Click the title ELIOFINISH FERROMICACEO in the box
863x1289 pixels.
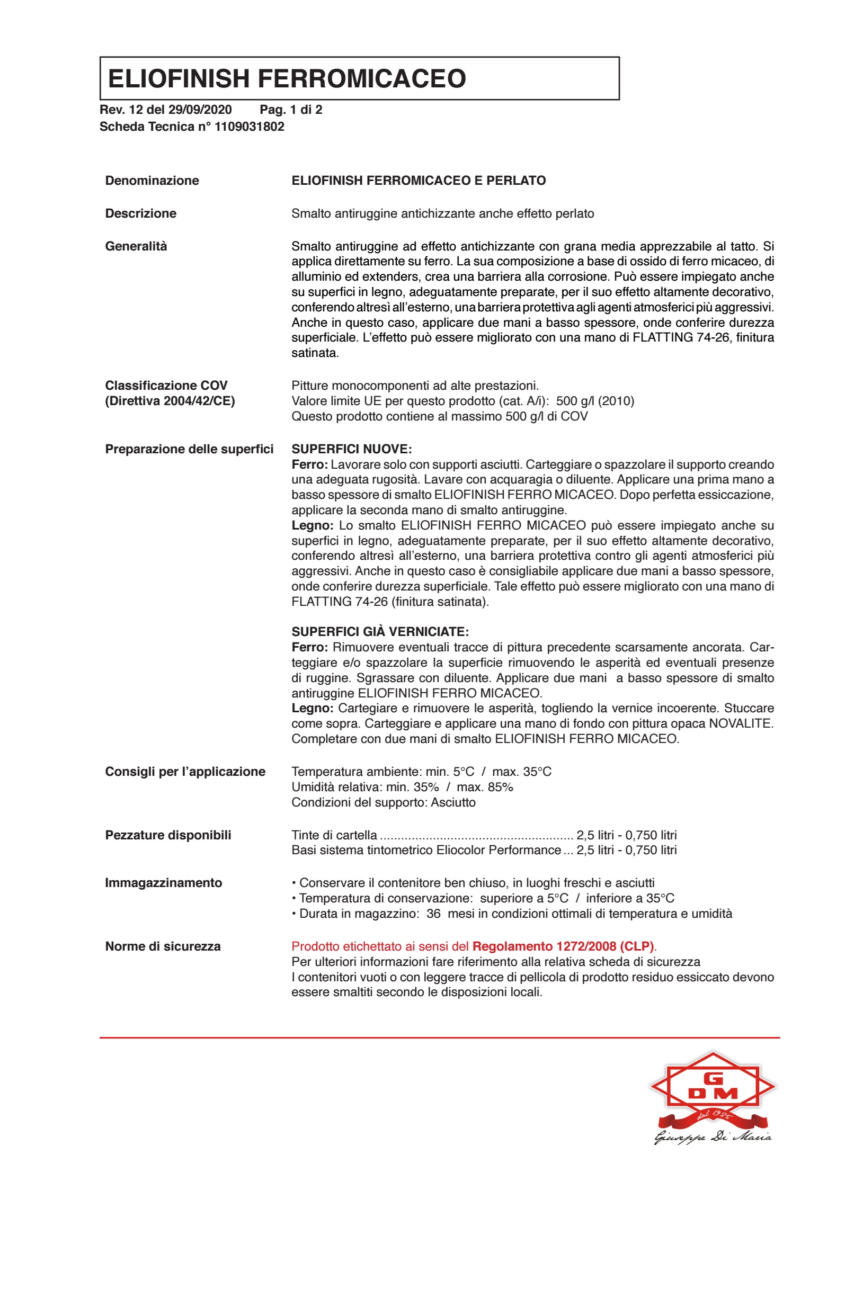(x=287, y=79)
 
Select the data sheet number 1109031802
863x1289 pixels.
(x=250, y=127)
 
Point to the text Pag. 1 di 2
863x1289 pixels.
(x=291, y=110)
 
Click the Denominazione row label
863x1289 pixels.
(x=152, y=181)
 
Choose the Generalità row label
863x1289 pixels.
(x=136, y=246)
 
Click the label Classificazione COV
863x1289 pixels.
(x=166, y=385)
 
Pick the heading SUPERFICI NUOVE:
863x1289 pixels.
(x=351, y=449)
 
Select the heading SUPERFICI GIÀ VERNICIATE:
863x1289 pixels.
(x=380, y=632)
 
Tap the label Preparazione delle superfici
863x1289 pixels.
(x=189, y=449)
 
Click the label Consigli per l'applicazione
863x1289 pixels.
(x=185, y=771)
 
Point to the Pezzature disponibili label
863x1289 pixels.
(x=168, y=835)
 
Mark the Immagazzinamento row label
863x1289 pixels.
(x=164, y=882)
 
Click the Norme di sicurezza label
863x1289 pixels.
(x=163, y=946)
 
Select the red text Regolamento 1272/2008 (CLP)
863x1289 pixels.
(x=563, y=946)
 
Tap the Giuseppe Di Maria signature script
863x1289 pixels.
(x=713, y=1137)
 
